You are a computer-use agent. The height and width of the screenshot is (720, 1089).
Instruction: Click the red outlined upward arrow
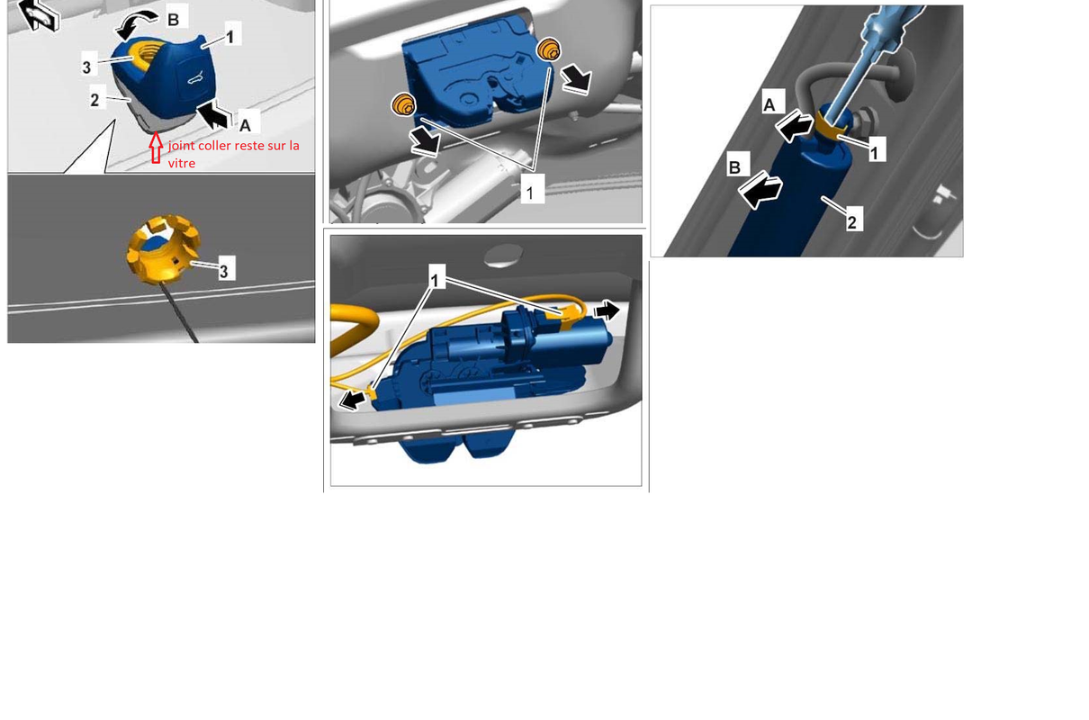click(x=156, y=148)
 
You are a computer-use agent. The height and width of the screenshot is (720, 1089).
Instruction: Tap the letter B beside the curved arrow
click(x=173, y=20)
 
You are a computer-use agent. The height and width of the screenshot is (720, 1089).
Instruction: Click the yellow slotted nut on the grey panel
click(x=163, y=249)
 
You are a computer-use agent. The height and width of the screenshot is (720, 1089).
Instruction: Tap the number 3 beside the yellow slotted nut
click(x=223, y=272)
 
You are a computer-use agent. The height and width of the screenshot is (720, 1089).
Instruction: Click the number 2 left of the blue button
click(x=94, y=100)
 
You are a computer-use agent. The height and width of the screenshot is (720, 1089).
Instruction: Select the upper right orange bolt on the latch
click(x=549, y=49)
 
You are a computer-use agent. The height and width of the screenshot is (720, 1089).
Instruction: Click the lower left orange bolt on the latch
click(x=403, y=104)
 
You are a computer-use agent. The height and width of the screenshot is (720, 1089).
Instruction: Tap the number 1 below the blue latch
click(x=530, y=193)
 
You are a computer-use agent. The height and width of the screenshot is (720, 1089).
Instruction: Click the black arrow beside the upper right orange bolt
click(x=576, y=79)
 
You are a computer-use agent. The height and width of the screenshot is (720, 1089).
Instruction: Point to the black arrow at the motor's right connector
click(x=607, y=310)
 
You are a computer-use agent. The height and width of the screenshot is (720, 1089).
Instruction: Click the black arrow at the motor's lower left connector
click(x=352, y=400)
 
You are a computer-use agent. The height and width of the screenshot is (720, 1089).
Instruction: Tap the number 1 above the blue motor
click(x=435, y=280)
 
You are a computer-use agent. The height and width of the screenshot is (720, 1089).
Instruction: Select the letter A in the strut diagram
click(x=769, y=104)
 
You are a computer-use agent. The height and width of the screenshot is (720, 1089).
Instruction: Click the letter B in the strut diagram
click(x=734, y=167)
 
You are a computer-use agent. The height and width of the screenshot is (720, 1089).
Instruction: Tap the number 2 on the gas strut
click(x=851, y=222)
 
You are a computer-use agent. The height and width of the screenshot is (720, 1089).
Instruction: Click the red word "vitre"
click(x=182, y=163)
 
